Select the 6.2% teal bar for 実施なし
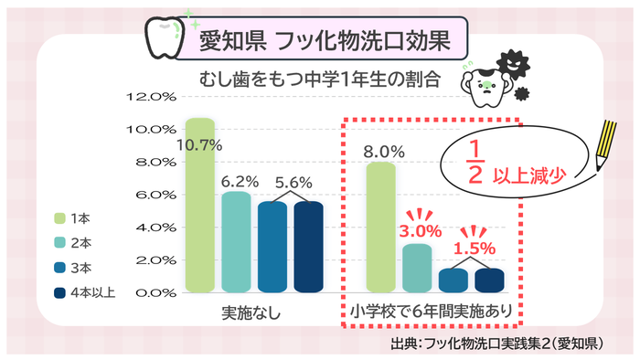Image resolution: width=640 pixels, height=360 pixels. [236, 243]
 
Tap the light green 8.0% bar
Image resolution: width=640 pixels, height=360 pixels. [380, 228]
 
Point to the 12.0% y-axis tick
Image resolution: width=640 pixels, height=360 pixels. [154, 96]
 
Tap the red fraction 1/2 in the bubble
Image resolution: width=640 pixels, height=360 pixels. [474, 163]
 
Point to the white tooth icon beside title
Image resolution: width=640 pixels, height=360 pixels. [165, 38]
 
